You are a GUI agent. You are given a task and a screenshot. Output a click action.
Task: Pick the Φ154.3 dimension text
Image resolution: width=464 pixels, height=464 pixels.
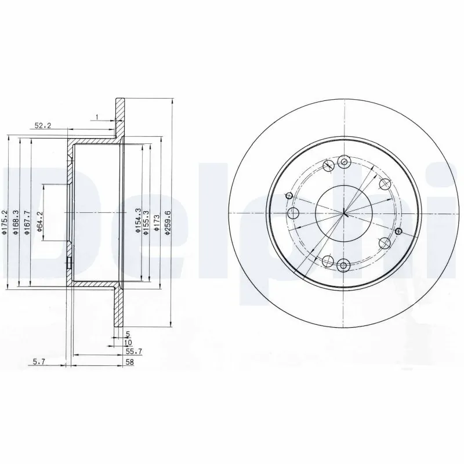pyautogui.click(x=137, y=220)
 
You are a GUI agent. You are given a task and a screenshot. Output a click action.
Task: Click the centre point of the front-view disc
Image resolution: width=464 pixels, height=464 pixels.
pyautogui.click(x=344, y=213)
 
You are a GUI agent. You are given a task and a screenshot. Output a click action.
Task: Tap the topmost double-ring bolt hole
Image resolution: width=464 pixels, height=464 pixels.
pyautogui.click(x=345, y=162)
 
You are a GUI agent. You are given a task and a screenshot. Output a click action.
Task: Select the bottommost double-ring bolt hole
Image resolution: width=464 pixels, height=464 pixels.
pyautogui.click(x=343, y=266)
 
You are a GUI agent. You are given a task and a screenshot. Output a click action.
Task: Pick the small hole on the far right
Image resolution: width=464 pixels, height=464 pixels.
pyautogui.click(x=398, y=231)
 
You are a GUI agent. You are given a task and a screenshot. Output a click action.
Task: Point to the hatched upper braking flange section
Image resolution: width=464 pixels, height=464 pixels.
pyautogui.click(x=120, y=119)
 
